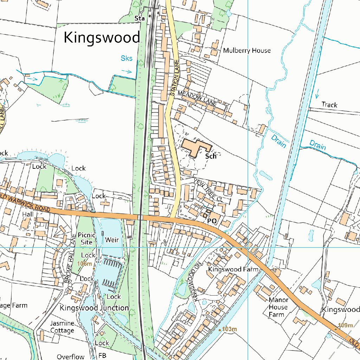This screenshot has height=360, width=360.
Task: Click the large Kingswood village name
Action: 102,37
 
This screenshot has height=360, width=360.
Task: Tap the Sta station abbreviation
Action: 140,18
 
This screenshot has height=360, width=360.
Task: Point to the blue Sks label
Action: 127,58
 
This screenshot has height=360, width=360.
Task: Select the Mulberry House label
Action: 247,51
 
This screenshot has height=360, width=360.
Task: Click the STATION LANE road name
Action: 175,78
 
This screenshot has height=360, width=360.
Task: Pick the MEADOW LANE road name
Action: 197,98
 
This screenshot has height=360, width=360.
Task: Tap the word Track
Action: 329,105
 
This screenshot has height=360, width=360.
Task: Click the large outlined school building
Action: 195,147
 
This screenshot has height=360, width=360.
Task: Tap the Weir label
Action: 112,240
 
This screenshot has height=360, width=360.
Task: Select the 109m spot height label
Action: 345,325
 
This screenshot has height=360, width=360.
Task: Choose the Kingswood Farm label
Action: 233,269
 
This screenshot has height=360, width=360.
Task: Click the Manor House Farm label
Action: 278,307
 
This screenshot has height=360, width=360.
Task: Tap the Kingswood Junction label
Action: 94,308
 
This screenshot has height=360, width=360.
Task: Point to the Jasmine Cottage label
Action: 62,327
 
